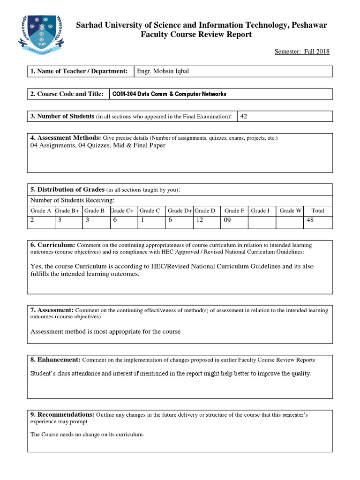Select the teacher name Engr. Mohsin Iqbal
163,71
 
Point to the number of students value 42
244,116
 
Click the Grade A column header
41,211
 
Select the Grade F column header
234,211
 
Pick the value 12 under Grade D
200,220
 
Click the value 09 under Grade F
227,220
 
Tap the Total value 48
309,220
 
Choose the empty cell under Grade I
262,222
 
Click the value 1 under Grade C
141,220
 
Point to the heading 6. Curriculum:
52,245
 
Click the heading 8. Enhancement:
56,360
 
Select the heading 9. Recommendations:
62,415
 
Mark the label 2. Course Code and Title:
67,94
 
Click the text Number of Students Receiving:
72,201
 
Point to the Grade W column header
290,211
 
